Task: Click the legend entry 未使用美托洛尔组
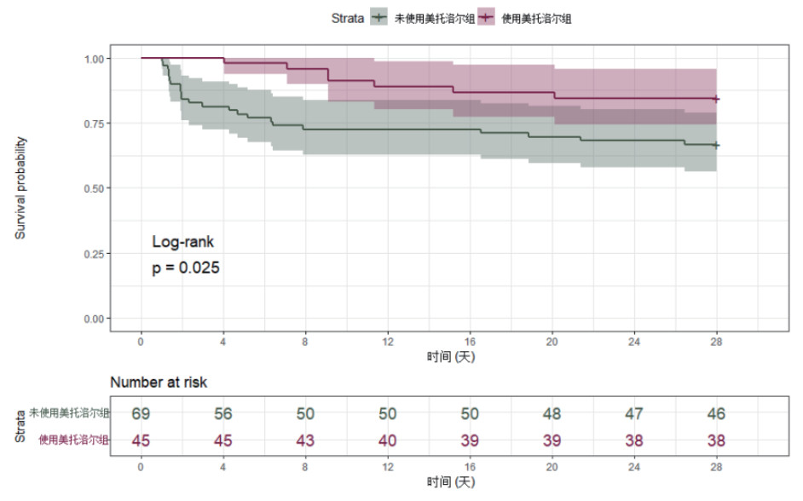coord(434,18)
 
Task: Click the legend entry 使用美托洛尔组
coord(537,18)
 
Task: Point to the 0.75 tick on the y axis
coord(97,124)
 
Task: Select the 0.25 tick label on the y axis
coord(97,254)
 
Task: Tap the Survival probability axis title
coord(20,187)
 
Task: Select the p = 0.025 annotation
coord(186,268)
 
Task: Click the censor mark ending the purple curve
coord(716,100)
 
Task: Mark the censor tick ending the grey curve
coord(716,146)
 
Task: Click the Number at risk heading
coord(159,383)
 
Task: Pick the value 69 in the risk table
coord(141,413)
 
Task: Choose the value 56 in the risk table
coord(223,413)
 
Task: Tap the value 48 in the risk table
coord(552,413)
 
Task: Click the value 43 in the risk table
coord(305,441)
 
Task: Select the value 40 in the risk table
coord(387,441)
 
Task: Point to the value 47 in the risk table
coord(633,413)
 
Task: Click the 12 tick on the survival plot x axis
coord(387,342)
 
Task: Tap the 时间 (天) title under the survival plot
coord(451,357)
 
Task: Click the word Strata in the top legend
coord(348,18)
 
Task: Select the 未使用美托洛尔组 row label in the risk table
coord(69,413)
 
